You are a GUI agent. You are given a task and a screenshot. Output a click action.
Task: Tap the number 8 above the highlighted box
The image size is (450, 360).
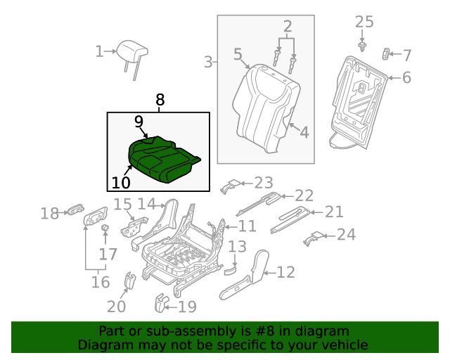(x=160, y=100)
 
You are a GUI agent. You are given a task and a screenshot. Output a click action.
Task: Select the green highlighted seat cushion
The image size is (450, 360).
(x=163, y=160)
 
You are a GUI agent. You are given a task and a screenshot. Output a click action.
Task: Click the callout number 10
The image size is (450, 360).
(x=121, y=183)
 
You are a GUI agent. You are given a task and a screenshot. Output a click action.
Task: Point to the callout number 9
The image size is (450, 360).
(x=139, y=122)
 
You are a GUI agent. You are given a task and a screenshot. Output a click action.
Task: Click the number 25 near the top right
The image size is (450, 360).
(x=364, y=22)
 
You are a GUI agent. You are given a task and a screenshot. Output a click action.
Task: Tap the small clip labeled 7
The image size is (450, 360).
(x=386, y=53)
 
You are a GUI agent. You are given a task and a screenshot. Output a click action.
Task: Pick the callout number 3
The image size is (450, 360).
(x=208, y=62)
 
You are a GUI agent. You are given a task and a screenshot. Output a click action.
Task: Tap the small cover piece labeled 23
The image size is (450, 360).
(x=230, y=186)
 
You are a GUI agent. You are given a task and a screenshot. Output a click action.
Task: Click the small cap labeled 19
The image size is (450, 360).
(x=160, y=304)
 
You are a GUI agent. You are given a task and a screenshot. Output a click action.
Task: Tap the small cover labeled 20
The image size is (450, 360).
(x=130, y=280)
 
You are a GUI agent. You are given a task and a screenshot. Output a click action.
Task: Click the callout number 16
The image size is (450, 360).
(x=101, y=282)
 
